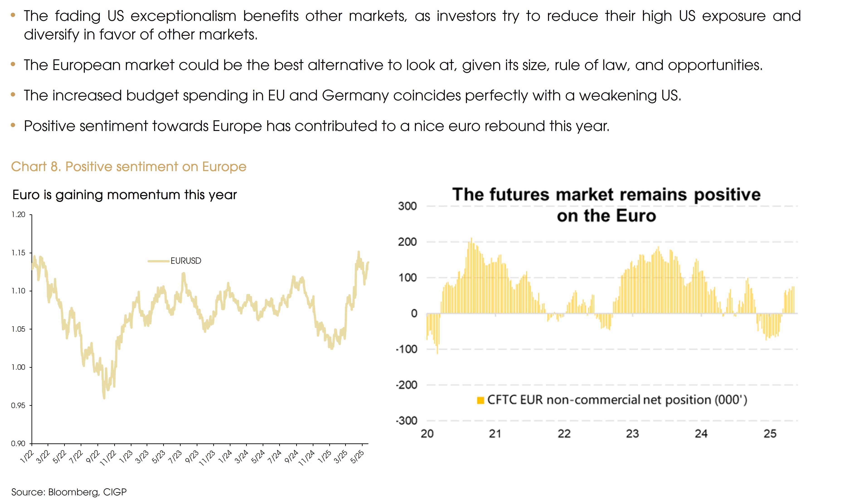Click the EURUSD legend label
coord(186,261)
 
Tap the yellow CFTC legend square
coord(480,400)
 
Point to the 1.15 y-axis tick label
coord(18,253)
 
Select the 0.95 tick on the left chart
coord(18,405)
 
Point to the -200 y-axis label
coord(406,385)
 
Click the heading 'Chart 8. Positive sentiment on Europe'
coord(128,167)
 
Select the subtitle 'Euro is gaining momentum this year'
coord(124,195)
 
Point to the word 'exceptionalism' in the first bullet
coord(183,16)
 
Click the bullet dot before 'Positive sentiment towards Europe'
coord(13,125)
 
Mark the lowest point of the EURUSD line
coord(104,398)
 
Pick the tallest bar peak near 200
coord(471,239)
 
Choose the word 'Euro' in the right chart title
coord(636,216)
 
